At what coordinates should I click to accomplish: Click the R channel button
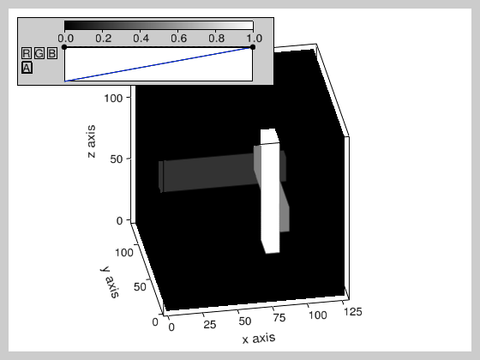pyautogui.click(x=27, y=53)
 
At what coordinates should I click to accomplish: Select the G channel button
pyautogui.click(x=39, y=53)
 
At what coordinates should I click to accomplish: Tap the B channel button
pyautogui.click(x=52, y=53)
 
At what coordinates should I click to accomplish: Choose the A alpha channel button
pyautogui.click(x=27, y=68)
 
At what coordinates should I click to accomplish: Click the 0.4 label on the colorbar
pyautogui.click(x=141, y=39)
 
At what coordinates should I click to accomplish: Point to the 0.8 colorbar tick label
pyautogui.click(x=216, y=39)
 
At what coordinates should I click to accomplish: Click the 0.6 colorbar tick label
pyautogui.click(x=179, y=39)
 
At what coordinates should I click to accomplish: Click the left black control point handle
pyautogui.click(x=64, y=47)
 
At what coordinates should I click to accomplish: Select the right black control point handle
pyautogui.click(x=253, y=47)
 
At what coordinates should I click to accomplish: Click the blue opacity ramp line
pyautogui.click(x=159, y=64)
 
